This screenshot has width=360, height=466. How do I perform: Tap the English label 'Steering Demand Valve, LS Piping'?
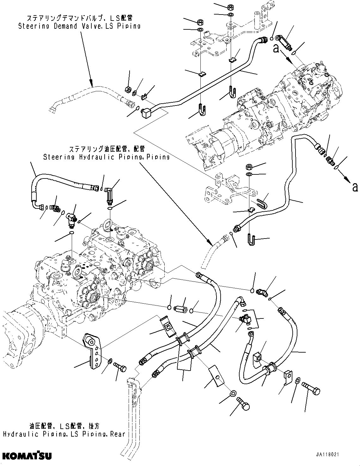(79, 26)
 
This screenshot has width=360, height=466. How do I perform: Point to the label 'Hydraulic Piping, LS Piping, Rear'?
(64, 434)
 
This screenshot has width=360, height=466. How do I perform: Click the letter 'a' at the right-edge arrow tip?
(355, 188)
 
